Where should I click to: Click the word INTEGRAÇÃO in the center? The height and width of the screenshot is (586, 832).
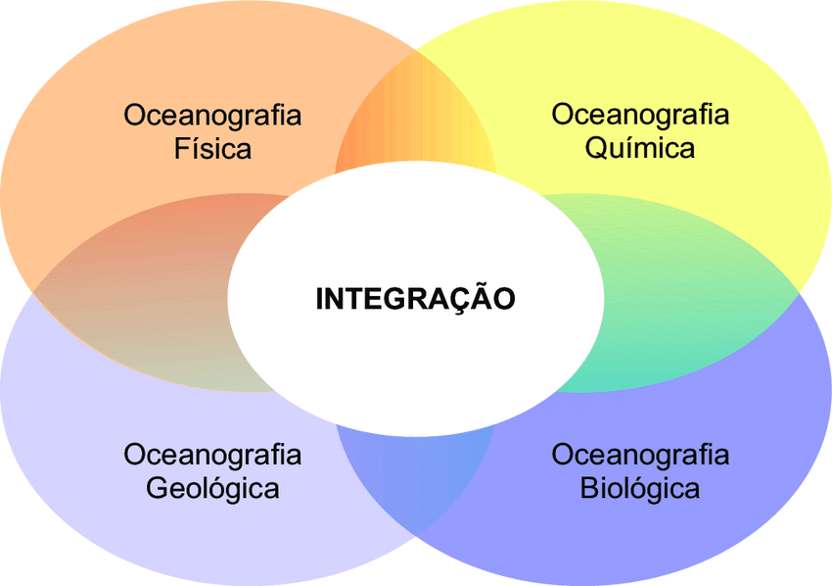[415, 299]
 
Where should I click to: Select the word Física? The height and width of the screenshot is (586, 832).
[212, 149]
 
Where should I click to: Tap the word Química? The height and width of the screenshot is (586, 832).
[640, 148]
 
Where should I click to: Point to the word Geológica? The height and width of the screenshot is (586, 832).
[212, 488]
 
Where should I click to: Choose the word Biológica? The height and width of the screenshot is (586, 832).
[640, 488]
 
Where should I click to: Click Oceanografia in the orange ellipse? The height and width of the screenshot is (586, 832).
[212, 115]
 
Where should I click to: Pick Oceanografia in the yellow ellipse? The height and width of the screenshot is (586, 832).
[640, 114]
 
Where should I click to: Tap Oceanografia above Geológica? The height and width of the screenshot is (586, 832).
[212, 455]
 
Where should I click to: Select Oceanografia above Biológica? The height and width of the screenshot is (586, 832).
[640, 455]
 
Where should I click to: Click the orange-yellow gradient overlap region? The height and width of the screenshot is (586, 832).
[416, 122]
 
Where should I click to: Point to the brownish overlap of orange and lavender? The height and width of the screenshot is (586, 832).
[147, 294]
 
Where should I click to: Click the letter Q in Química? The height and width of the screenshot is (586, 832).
[596, 149]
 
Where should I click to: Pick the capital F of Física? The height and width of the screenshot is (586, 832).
[182, 149]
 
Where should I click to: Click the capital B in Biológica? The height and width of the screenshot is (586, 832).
[589, 488]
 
